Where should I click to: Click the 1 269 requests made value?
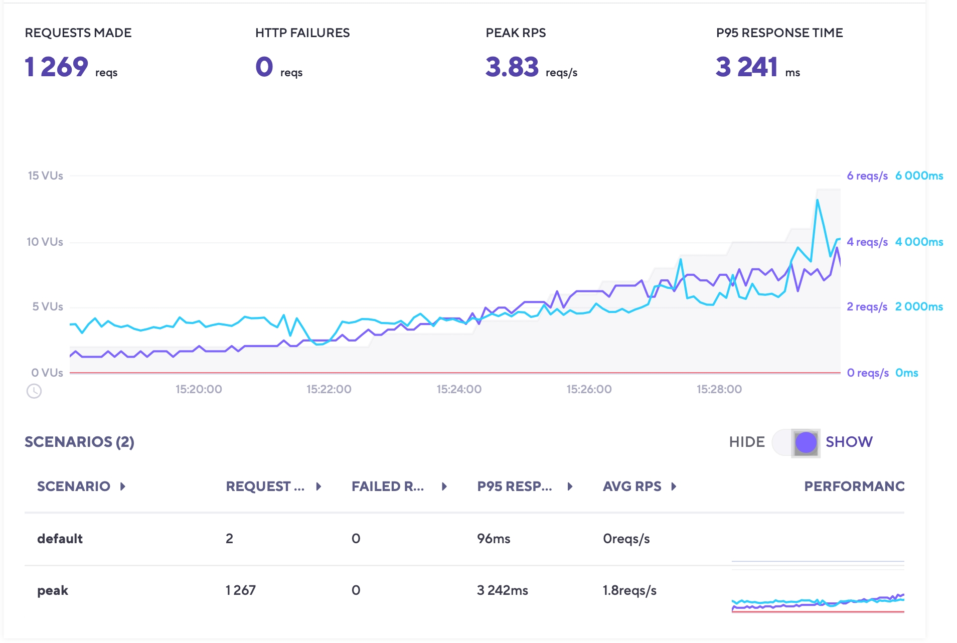(x=56, y=67)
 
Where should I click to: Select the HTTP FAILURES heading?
(x=302, y=33)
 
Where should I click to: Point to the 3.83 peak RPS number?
(x=512, y=67)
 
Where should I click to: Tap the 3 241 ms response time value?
(x=746, y=67)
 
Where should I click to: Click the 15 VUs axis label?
(x=45, y=176)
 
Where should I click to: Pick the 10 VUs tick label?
(x=45, y=242)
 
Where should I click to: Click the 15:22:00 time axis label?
(x=329, y=389)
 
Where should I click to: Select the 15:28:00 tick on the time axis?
(x=719, y=389)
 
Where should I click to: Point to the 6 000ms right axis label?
(x=919, y=176)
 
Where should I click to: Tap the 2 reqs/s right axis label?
(x=867, y=307)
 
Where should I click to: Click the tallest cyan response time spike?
(x=817, y=201)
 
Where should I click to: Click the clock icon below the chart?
(x=34, y=391)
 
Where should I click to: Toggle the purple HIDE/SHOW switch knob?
(x=806, y=442)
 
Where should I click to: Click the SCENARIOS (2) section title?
(x=79, y=442)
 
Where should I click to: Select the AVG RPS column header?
(x=632, y=487)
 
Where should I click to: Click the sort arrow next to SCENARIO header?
(x=123, y=487)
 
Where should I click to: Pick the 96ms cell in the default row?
(x=494, y=539)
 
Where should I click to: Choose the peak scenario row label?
(x=53, y=590)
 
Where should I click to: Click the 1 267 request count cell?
(x=240, y=590)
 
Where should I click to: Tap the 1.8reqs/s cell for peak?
(x=629, y=590)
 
